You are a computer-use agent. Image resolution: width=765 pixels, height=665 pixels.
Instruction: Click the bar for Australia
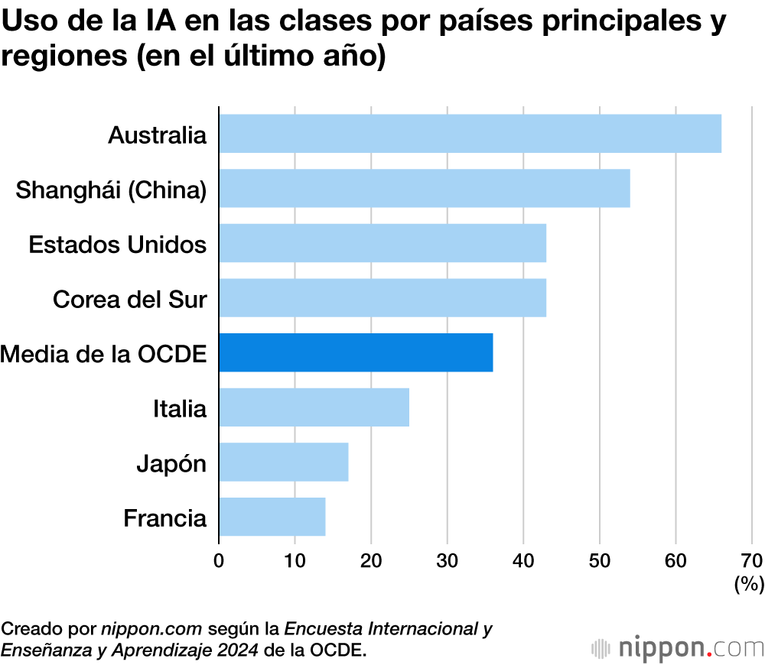coord(470,134)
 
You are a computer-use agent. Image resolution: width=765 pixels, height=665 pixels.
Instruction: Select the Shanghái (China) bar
coord(425,189)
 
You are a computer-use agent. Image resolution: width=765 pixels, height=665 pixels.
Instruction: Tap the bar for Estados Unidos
coord(382,244)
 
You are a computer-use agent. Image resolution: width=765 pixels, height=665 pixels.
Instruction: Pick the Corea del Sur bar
coord(382,298)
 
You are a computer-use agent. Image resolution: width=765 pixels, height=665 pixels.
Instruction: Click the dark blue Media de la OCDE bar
coord(356,353)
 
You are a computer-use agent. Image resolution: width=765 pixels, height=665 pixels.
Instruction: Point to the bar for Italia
coord(314,407)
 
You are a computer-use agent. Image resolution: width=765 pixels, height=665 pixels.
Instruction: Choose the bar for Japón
coord(284,462)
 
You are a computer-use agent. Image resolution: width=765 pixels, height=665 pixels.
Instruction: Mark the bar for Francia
coord(272,517)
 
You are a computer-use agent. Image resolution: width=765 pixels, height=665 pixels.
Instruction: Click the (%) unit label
coord(749,585)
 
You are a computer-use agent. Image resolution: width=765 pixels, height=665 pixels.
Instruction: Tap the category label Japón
coord(171,463)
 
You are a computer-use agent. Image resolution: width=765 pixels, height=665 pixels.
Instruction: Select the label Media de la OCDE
coord(104,354)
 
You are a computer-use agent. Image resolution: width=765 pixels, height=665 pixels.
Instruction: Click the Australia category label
coord(158,135)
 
